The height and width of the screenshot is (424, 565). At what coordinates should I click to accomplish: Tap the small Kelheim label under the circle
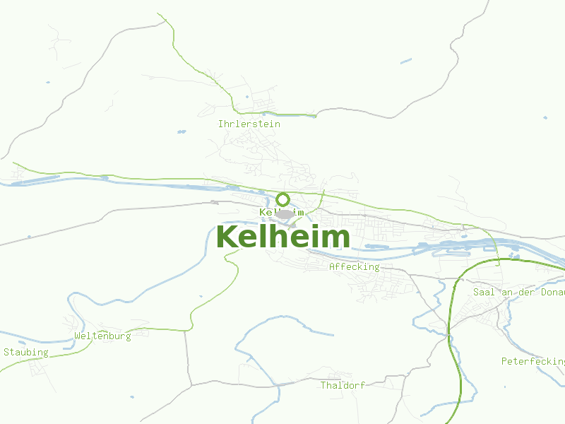pyautogui.click(x=282, y=212)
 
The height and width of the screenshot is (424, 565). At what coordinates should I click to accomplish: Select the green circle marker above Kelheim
pyautogui.click(x=282, y=199)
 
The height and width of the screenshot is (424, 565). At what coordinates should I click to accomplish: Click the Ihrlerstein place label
pyautogui.click(x=249, y=124)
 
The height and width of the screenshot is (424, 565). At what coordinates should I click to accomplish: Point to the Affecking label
pyautogui.click(x=354, y=266)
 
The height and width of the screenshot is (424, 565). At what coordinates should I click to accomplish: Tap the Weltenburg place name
pyautogui.click(x=102, y=336)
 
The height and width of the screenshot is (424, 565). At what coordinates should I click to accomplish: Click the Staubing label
pyautogui.click(x=26, y=352)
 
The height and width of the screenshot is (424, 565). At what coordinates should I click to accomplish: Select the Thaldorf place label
pyautogui.click(x=343, y=385)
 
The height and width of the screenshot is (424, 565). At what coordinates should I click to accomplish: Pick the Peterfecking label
pyautogui.click(x=533, y=361)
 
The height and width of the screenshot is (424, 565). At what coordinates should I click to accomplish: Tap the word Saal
pyautogui.click(x=484, y=292)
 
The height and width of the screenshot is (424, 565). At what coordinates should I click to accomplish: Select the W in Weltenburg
pyautogui.click(x=77, y=336)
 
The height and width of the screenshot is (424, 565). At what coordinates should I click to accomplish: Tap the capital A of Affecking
pyautogui.click(x=332, y=266)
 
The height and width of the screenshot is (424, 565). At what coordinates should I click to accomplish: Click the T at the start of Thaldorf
pyautogui.click(x=323, y=385)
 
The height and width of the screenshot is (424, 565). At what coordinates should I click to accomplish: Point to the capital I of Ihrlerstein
pyautogui.click(x=221, y=124)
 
